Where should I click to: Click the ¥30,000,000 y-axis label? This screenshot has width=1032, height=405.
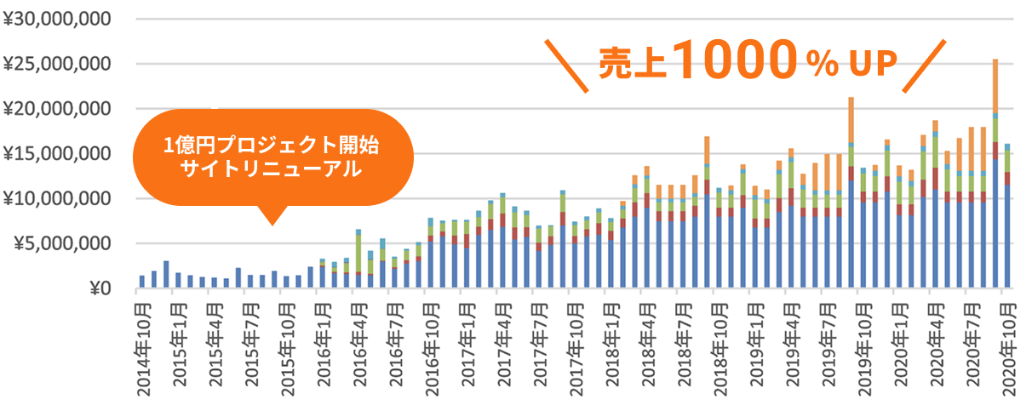click(x=57, y=19)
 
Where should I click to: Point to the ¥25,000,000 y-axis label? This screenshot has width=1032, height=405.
click(x=57, y=64)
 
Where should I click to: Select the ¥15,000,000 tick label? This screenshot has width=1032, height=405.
click(x=57, y=154)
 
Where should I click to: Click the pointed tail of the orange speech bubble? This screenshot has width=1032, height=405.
click(x=272, y=220)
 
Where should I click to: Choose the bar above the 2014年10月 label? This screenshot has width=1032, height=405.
click(x=142, y=282)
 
